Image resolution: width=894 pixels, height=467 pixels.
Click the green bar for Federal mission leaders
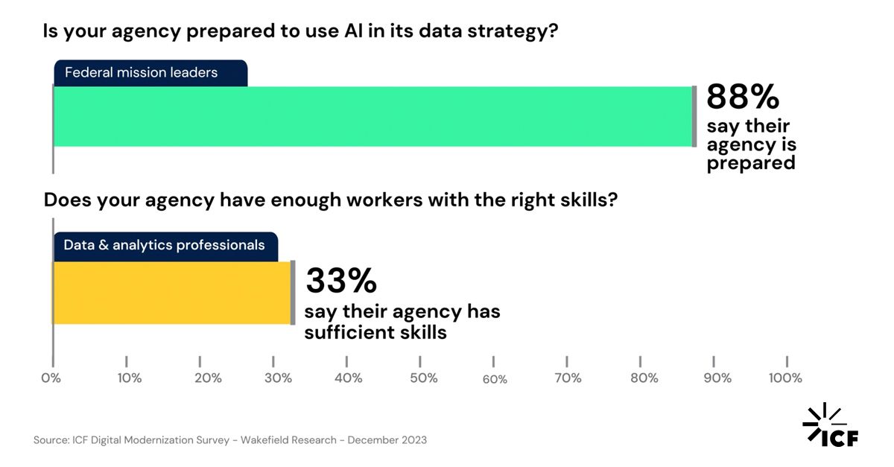point(372,116)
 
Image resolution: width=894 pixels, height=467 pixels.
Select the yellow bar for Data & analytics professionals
point(171,293)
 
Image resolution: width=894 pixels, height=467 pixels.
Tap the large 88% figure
point(743,98)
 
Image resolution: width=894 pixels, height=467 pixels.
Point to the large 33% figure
point(341,282)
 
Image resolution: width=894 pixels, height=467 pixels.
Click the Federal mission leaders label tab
point(150,73)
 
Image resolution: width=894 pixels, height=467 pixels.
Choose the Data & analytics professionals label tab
point(165,245)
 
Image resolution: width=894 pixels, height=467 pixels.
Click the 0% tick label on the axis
point(51,378)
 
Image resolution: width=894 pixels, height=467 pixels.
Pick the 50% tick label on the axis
point(423,378)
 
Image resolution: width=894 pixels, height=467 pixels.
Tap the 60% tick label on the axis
point(495,379)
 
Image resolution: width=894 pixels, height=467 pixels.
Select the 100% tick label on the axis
point(785,378)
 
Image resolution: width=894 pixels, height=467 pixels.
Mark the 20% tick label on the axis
point(208,378)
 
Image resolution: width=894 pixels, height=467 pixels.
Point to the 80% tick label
point(644,378)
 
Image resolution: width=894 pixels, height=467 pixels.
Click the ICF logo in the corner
point(831,426)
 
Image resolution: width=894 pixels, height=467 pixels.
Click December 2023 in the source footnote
point(387,440)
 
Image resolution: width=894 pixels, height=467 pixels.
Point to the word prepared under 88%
point(751,162)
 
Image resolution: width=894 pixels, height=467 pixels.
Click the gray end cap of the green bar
point(694,116)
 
